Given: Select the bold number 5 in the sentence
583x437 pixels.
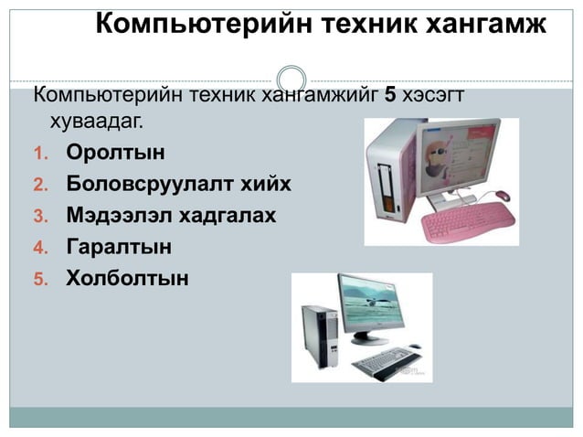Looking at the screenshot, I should [x=389, y=93].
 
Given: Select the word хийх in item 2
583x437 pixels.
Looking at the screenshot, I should [x=266, y=184].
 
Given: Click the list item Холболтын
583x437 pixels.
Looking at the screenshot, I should [x=127, y=277].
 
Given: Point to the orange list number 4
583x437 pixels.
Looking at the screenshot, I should [x=39, y=248].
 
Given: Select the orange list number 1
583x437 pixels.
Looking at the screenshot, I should [x=39, y=154].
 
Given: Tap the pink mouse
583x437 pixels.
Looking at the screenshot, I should [x=502, y=195].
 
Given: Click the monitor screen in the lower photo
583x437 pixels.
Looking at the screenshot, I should [x=376, y=310].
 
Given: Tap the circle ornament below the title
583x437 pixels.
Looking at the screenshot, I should [x=291, y=79].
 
